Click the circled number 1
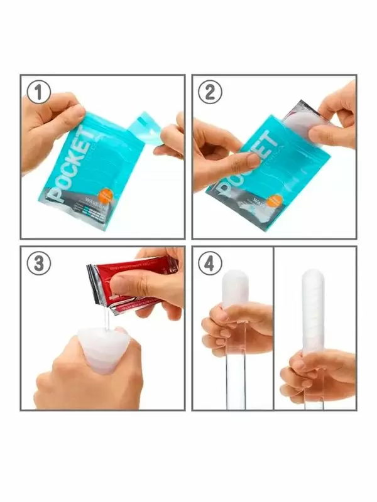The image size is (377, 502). (39, 93)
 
